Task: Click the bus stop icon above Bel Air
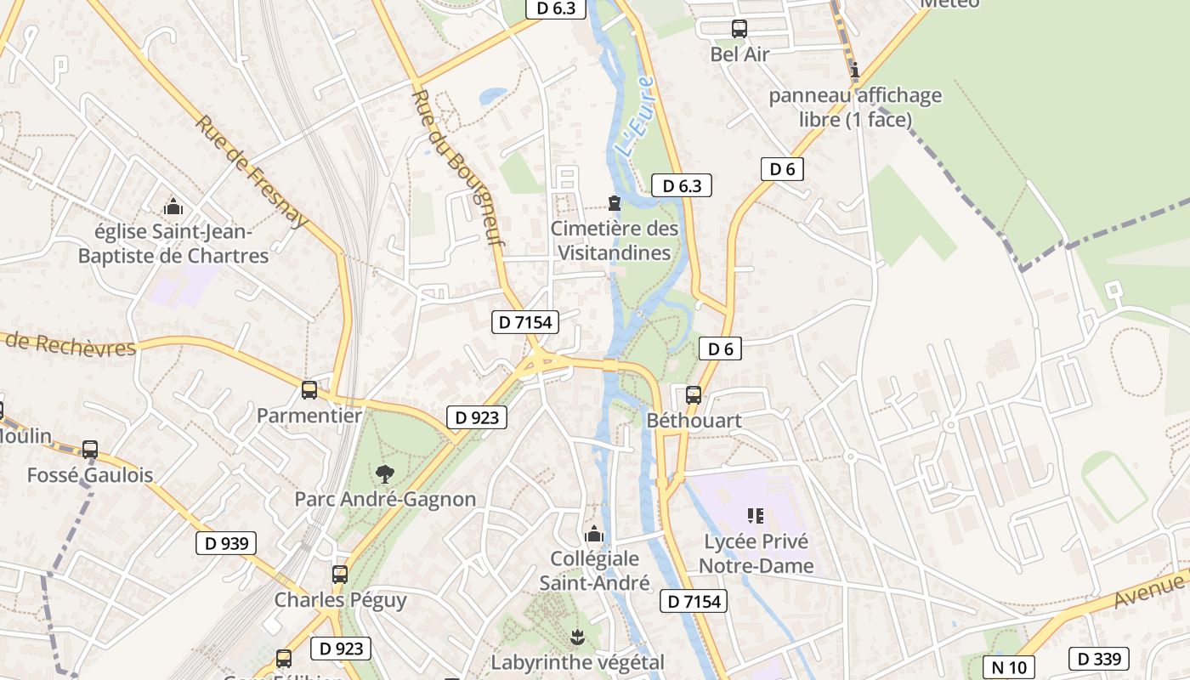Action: pyautogui.click(x=739, y=29)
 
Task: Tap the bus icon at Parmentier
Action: pyautogui.click(x=309, y=390)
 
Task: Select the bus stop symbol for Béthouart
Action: pyautogui.click(x=694, y=395)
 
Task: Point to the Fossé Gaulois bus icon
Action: pyautogui.click(x=90, y=450)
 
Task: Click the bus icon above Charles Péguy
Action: pyautogui.click(x=340, y=575)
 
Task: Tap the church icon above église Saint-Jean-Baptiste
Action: pyautogui.click(x=173, y=207)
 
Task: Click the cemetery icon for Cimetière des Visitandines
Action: pyautogui.click(x=614, y=203)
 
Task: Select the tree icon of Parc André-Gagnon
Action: pyautogui.click(x=384, y=474)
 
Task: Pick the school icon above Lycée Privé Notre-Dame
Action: pyautogui.click(x=755, y=515)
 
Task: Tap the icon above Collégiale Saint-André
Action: pyautogui.click(x=594, y=534)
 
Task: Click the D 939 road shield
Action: pyautogui.click(x=226, y=543)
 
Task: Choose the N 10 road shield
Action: pyautogui.click(x=1009, y=667)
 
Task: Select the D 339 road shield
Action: pyautogui.click(x=1099, y=658)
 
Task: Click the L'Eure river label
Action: pyautogui.click(x=635, y=116)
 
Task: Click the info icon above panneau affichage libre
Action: pyautogui.click(x=855, y=70)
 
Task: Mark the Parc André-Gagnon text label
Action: pyautogui.click(x=385, y=499)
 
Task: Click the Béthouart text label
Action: pyautogui.click(x=694, y=421)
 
